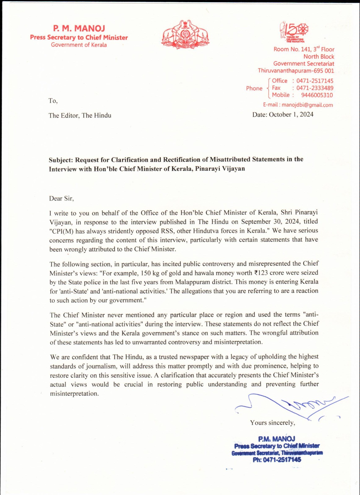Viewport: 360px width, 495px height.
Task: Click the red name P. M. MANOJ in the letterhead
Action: (x=79, y=28)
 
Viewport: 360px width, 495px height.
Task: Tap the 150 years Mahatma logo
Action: (x=294, y=31)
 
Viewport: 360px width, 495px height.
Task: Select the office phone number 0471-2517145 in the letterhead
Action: (x=315, y=81)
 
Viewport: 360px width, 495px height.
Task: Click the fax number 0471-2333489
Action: (x=315, y=88)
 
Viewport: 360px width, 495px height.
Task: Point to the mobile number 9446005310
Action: (x=317, y=95)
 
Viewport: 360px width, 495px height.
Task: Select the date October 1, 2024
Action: (x=291, y=115)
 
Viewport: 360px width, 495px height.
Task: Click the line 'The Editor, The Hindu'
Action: (x=80, y=116)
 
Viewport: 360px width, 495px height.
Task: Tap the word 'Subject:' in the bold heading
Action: (x=61, y=160)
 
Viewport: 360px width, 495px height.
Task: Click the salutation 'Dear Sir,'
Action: (x=61, y=199)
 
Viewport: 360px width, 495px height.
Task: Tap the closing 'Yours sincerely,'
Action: (x=272, y=423)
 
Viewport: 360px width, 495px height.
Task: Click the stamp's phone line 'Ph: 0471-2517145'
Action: (x=277, y=460)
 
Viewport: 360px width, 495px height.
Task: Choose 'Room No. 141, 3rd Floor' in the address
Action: (x=304, y=49)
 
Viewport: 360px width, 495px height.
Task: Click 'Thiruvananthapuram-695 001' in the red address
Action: (x=296, y=71)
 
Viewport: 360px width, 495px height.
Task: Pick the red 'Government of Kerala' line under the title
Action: (x=79, y=45)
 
